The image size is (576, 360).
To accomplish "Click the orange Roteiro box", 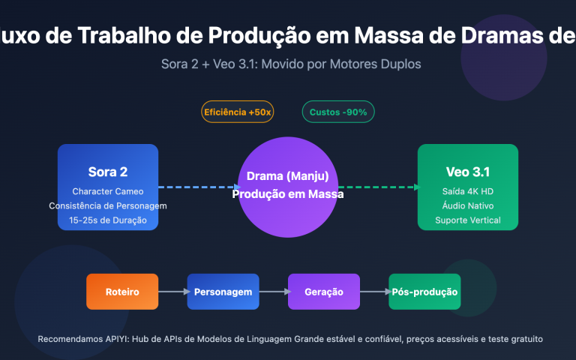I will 122,292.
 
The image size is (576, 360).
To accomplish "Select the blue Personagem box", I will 223,292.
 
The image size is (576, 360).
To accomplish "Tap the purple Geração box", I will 324,292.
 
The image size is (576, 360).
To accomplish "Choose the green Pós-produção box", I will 424,292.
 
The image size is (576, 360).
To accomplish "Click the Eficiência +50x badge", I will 238,112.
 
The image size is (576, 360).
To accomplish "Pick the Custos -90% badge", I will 338,112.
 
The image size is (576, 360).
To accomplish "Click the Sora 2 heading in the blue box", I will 107,172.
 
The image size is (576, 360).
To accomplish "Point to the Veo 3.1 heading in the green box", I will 467,172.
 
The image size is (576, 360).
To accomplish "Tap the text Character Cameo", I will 107,191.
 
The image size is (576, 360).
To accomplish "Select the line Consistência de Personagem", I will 107,206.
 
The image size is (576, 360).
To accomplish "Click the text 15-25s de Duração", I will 107,220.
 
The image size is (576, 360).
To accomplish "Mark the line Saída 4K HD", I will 467,191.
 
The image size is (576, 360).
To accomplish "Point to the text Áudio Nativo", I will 467,206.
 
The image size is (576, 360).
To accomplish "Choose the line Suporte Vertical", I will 467,220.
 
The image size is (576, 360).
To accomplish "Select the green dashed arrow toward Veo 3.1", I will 379,187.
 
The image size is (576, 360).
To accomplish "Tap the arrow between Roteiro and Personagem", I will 172,292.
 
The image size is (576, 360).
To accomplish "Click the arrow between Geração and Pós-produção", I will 374,292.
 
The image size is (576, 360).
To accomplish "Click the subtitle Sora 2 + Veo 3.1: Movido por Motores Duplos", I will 291,64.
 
